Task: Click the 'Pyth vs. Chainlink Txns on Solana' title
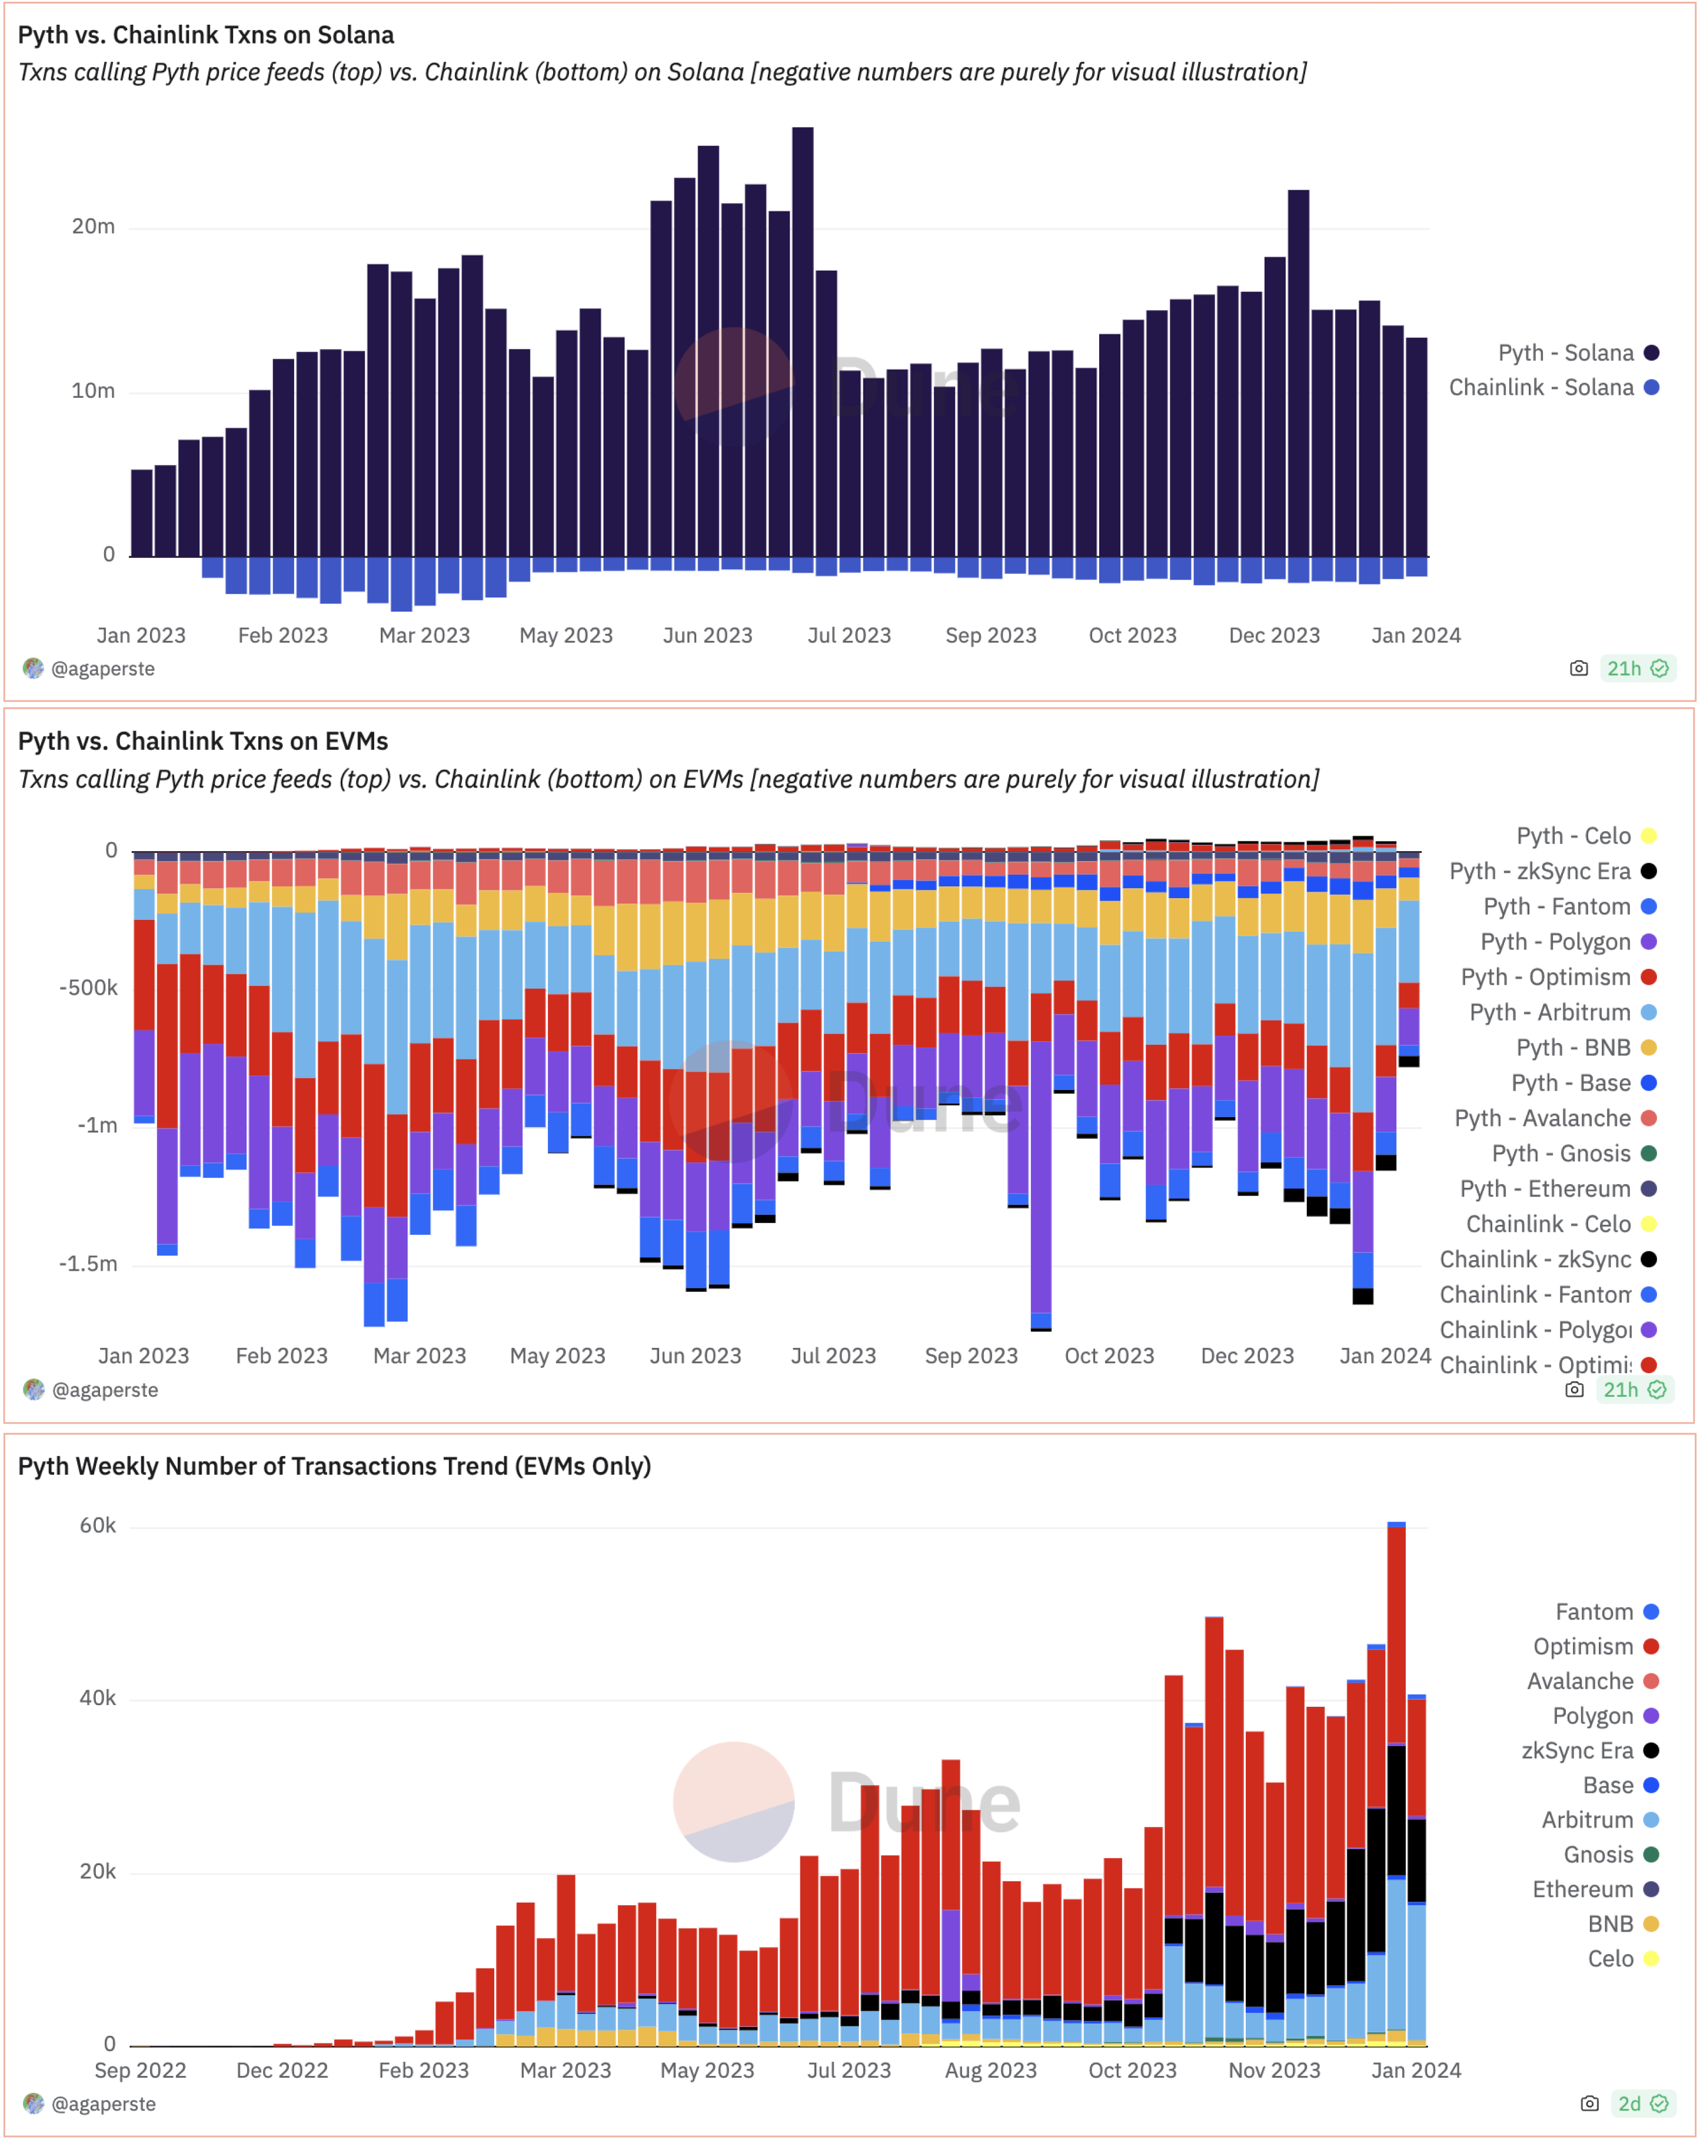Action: (206, 35)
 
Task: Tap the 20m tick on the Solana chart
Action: (94, 227)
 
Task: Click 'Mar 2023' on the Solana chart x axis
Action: (424, 635)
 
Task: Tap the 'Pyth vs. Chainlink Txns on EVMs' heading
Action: (202, 742)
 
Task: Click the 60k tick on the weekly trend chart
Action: (97, 1526)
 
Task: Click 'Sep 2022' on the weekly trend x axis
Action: (140, 2071)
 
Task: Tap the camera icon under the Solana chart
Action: (1579, 669)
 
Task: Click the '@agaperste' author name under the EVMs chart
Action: (104, 1391)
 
